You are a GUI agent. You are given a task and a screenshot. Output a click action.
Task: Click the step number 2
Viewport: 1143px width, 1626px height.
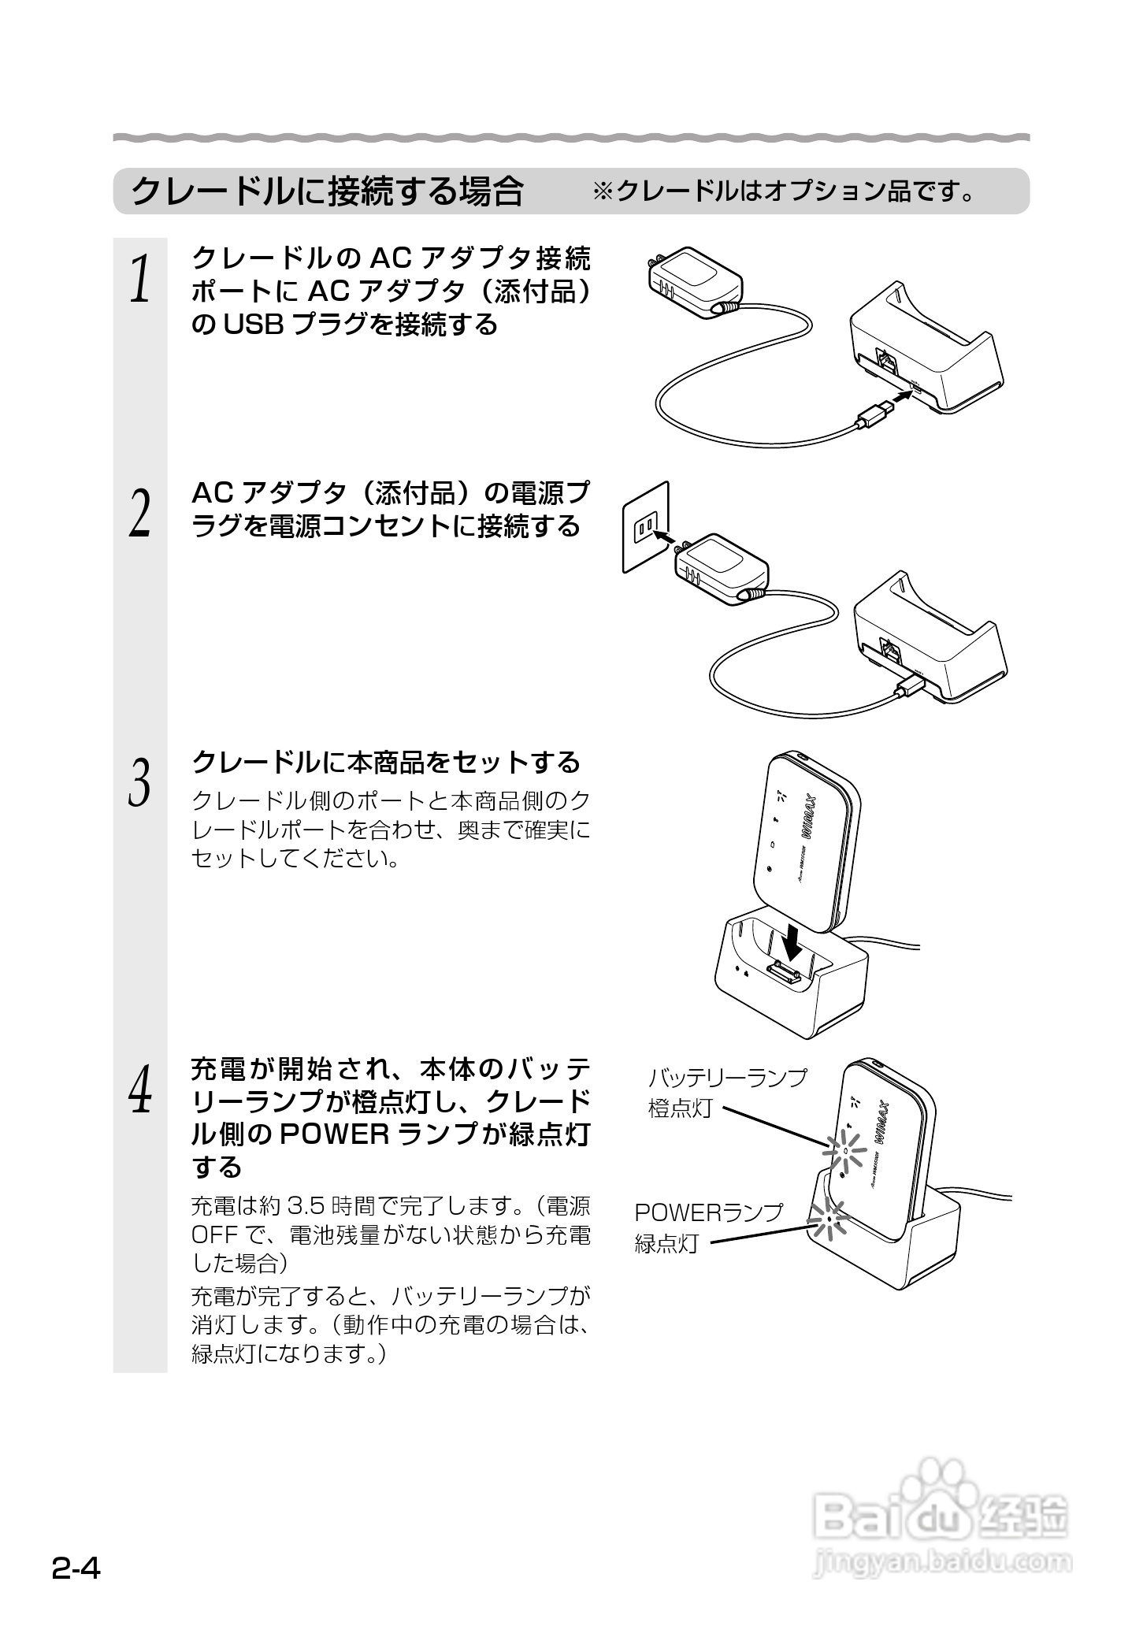click(139, 513)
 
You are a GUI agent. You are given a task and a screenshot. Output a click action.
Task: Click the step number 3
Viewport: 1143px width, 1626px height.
click(139, 782)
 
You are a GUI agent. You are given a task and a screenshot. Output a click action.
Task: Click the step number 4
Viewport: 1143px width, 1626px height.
click(139, 1089)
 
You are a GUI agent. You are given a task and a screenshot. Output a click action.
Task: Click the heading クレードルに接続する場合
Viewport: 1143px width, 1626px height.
click(326, 191)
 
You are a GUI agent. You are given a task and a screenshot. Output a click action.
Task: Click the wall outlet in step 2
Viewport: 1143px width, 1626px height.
click(646, 526)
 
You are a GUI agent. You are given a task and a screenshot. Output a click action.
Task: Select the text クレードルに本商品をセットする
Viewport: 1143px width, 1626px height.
click(386, 763)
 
